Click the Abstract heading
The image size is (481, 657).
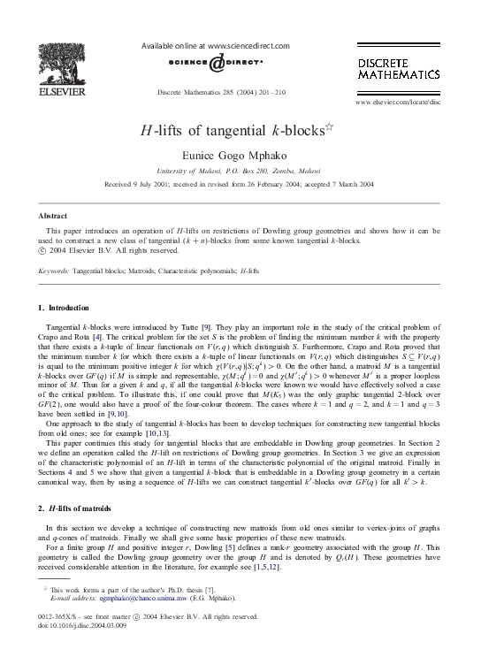53,216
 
